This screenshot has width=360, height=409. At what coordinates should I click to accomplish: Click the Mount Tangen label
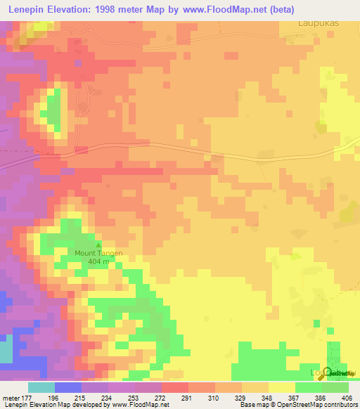(x=98, y=253)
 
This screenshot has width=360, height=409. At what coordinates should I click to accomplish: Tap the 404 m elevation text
(x=98, y=261)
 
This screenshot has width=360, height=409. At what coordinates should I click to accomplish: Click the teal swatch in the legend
(x=41, y=387)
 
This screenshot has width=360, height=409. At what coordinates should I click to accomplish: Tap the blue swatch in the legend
(x=68, y=387)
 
